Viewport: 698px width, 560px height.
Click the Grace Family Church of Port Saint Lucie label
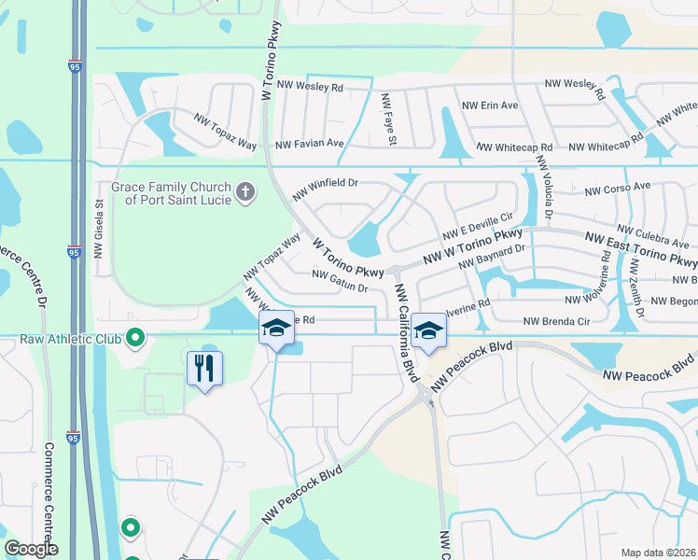click(171, 193)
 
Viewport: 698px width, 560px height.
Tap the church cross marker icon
click(245, 193)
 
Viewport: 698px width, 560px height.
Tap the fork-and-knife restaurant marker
click(204, 367)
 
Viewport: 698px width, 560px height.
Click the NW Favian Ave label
click(310, 145)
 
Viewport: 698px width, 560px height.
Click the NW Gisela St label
click(98, 230)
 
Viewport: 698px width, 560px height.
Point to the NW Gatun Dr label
click(340, 281)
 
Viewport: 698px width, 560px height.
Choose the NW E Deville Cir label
click(478, 226)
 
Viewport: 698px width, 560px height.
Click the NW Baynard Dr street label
click(495, 258)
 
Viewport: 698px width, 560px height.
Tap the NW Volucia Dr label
click(545, 192)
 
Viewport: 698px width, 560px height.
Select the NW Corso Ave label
click(617, 188)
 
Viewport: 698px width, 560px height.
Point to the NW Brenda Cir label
click(557, 321)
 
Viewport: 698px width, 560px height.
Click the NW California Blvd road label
click(405, 329)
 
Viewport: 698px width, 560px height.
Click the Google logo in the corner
click(32, 549)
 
